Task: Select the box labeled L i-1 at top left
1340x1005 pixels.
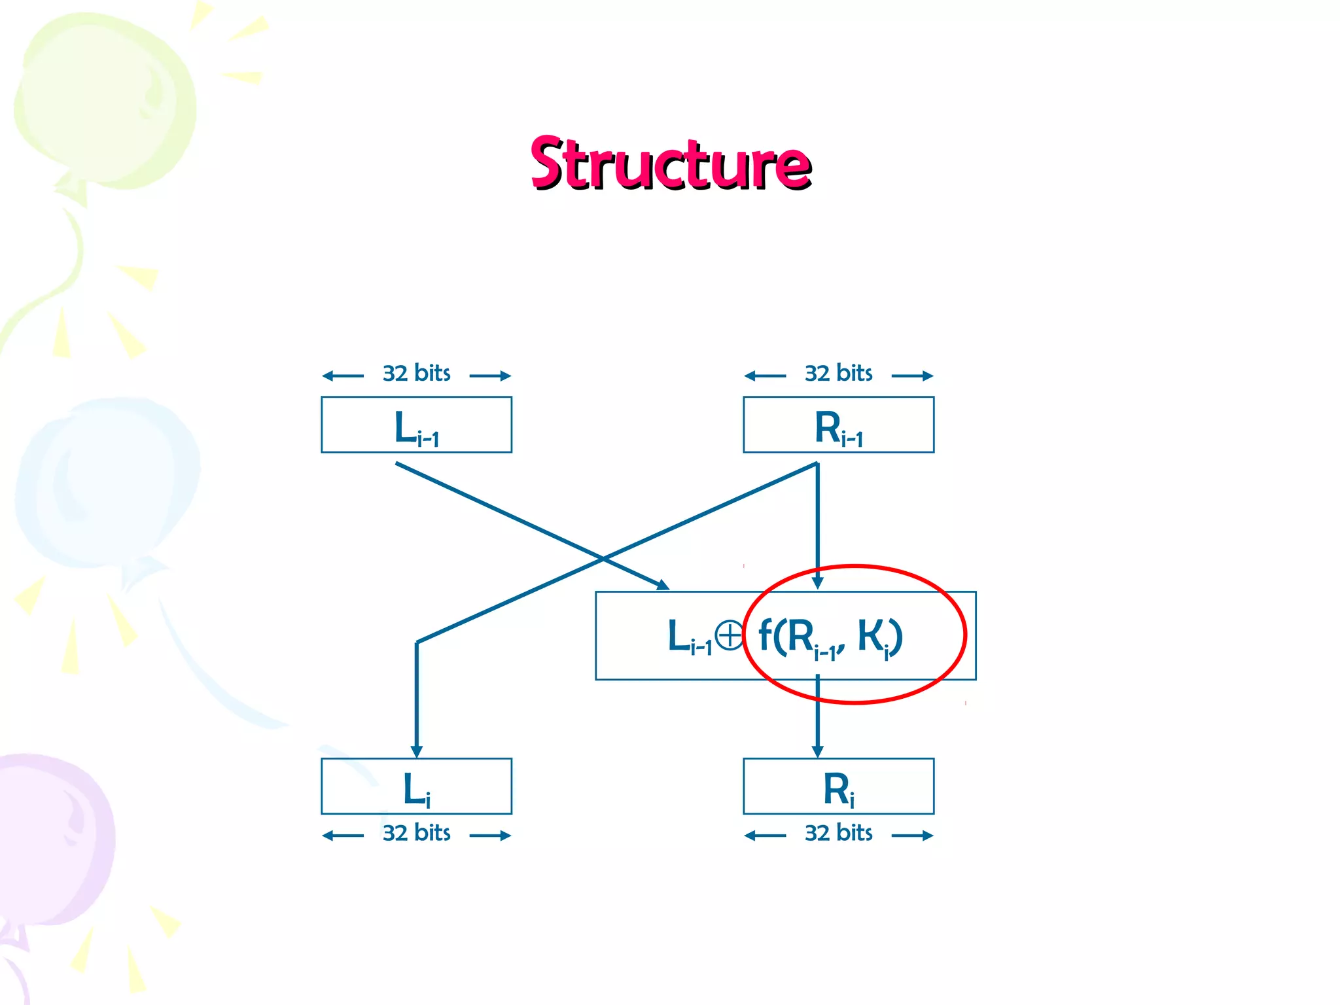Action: [x=416, y=425]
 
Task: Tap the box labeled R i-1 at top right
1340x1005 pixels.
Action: [x=838, y=425]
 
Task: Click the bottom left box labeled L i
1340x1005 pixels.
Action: [x=416, y=786]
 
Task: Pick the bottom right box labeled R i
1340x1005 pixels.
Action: [x=838, y=786]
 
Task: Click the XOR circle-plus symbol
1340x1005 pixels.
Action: [x=728, y=635]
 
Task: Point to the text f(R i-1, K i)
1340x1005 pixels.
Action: [x=830, y=637]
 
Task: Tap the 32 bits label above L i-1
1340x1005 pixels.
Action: [x=416, y=374]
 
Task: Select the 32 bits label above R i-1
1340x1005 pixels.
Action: [x=838, y=374]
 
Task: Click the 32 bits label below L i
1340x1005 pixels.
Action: [x=416, y=833]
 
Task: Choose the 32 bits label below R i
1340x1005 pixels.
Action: [x=838, y=833]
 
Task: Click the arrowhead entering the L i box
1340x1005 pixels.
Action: [x=417, y=751]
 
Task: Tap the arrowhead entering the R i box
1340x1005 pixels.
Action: [x=817, y=751]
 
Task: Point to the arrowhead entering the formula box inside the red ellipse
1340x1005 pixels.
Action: [x=817, y=582]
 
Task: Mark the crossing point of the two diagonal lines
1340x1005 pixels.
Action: [x=603, y=559]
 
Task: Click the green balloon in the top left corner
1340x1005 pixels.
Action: [x=105, y=98]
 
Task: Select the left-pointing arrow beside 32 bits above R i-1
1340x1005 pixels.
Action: [x=764, y=376]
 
